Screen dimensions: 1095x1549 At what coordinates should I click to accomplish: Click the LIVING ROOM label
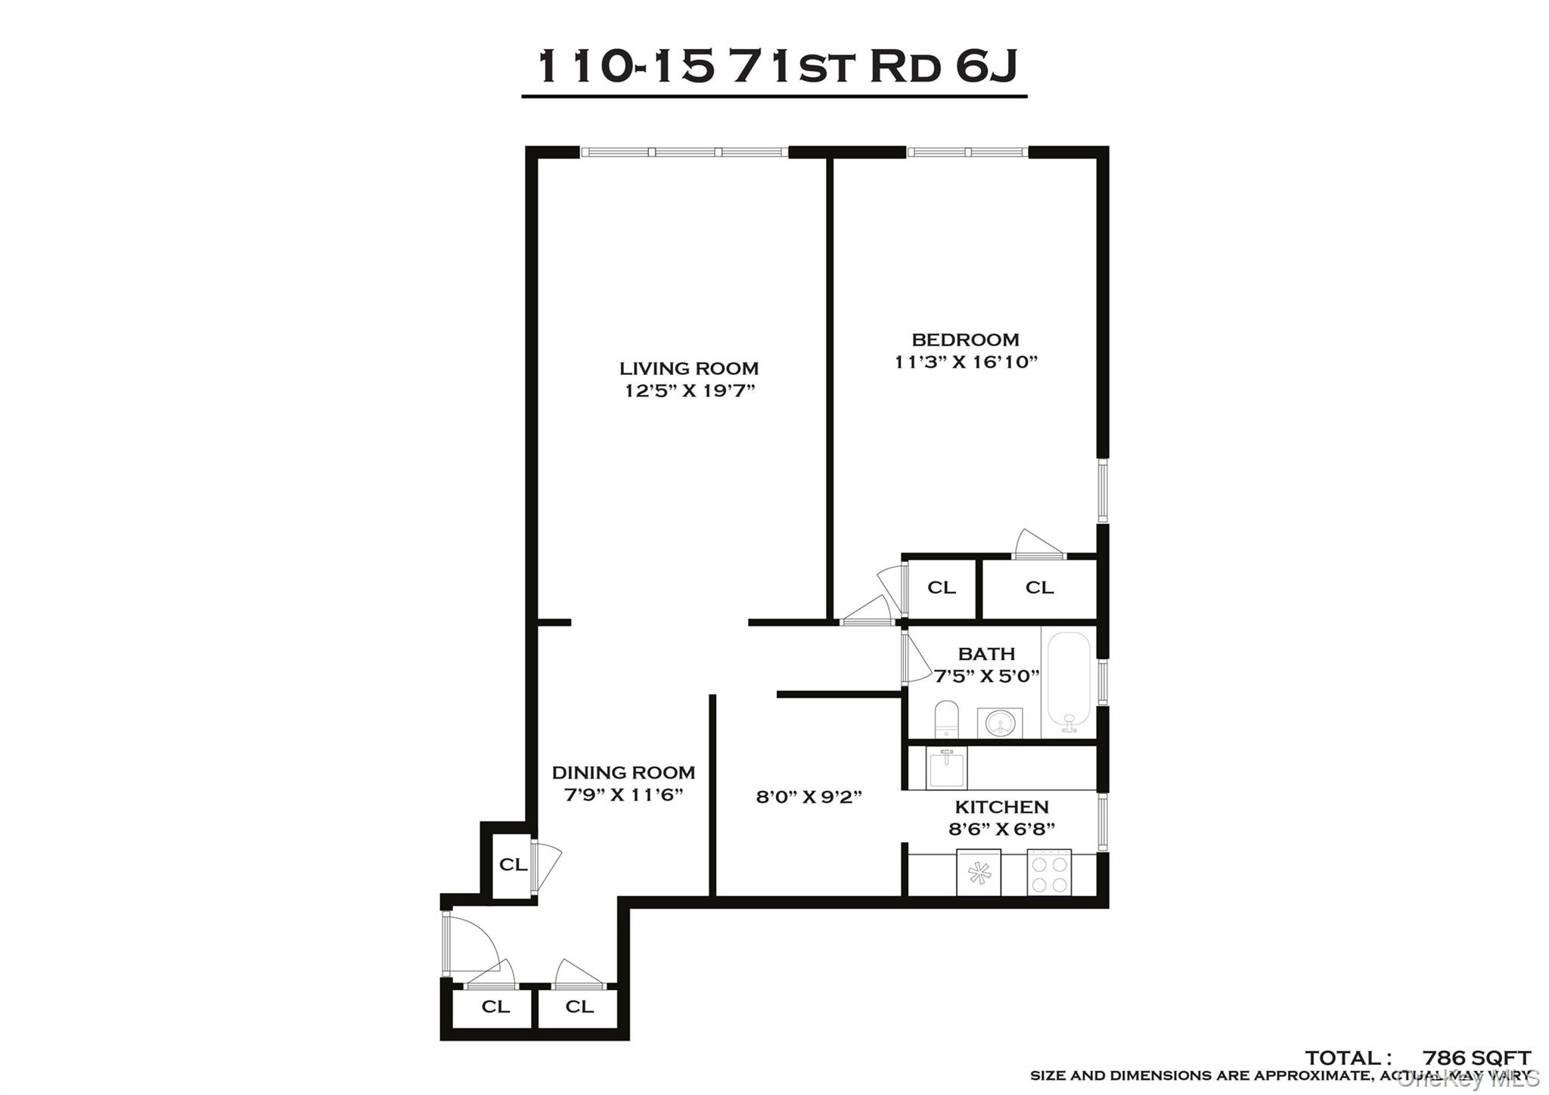688,368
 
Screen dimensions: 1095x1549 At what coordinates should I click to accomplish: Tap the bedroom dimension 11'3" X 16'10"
965,362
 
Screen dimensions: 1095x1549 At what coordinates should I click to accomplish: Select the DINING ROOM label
623,772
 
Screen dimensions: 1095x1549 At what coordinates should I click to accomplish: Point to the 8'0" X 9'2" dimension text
809,796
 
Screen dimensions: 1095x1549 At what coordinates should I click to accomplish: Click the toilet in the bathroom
946,719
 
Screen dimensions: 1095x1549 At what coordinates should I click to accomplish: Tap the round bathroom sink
999,724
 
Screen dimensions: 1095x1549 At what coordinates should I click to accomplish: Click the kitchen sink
946,768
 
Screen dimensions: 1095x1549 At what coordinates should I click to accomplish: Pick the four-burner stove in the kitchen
1049,873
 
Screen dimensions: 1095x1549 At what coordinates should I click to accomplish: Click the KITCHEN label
1001,807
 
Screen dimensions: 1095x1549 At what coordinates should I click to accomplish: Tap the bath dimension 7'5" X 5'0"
986,676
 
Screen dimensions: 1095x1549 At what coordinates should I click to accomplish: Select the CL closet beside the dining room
512,864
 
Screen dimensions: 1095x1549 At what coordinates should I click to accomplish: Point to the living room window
684,152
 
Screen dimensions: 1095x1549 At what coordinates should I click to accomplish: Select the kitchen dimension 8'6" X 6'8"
1001,830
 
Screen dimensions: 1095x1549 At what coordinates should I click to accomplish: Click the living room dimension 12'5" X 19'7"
689,391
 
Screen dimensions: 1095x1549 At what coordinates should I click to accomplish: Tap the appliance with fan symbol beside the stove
979,873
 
